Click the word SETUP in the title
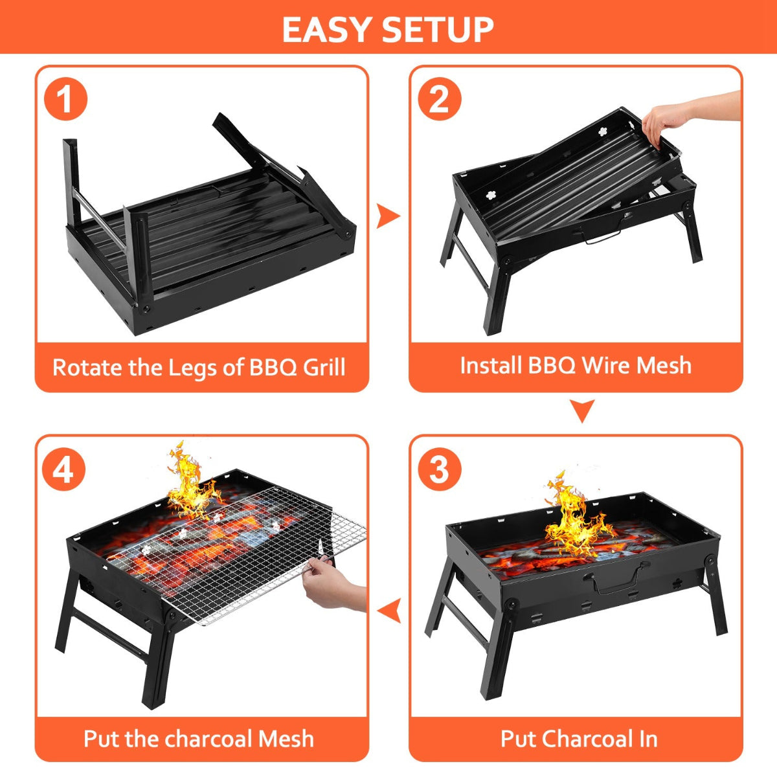[x=438, y=29]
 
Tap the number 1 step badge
[x=65, y=100]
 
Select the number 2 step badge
[x=440, y=100]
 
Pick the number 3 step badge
[x=440, y=469]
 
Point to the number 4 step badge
[x=63, y=469]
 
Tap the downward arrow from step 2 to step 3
[x=582, y=411]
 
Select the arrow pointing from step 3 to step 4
[x=388, y=611]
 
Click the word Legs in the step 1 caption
[x=193, y=368]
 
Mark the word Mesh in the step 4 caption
[x=286, y=739]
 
